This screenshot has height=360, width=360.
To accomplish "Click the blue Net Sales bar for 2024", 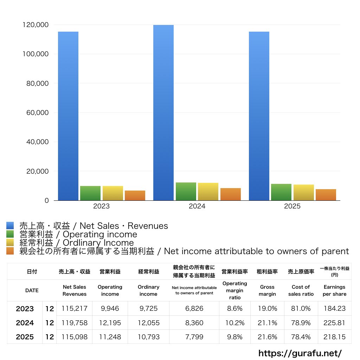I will pos(163,112).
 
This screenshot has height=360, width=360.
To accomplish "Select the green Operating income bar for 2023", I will pos(90,193).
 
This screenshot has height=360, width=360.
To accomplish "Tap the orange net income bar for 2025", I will pos(326,195).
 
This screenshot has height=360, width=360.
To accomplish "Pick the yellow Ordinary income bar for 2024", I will pos(208,192).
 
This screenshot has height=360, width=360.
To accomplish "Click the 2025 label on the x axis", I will pos(292,206).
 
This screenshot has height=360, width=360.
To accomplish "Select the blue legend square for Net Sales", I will pos(10,226).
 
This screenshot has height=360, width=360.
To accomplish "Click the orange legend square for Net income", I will pos(10,251).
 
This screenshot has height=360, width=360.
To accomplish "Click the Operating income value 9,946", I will pos(110,309).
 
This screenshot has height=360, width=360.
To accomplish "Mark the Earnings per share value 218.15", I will pos(334,337).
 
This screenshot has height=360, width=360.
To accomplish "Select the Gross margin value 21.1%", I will pos(267,323).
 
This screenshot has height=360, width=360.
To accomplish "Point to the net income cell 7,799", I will pos(194,337).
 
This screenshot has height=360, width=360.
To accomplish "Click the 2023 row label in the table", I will pos(25,309).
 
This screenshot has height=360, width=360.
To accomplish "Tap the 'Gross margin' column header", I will pos(267,290).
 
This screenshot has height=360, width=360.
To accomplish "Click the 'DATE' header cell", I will pos(32,290).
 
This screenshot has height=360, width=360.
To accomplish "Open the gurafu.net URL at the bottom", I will pos(300,353).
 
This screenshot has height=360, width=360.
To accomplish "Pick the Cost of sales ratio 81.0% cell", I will pos(301,309).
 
